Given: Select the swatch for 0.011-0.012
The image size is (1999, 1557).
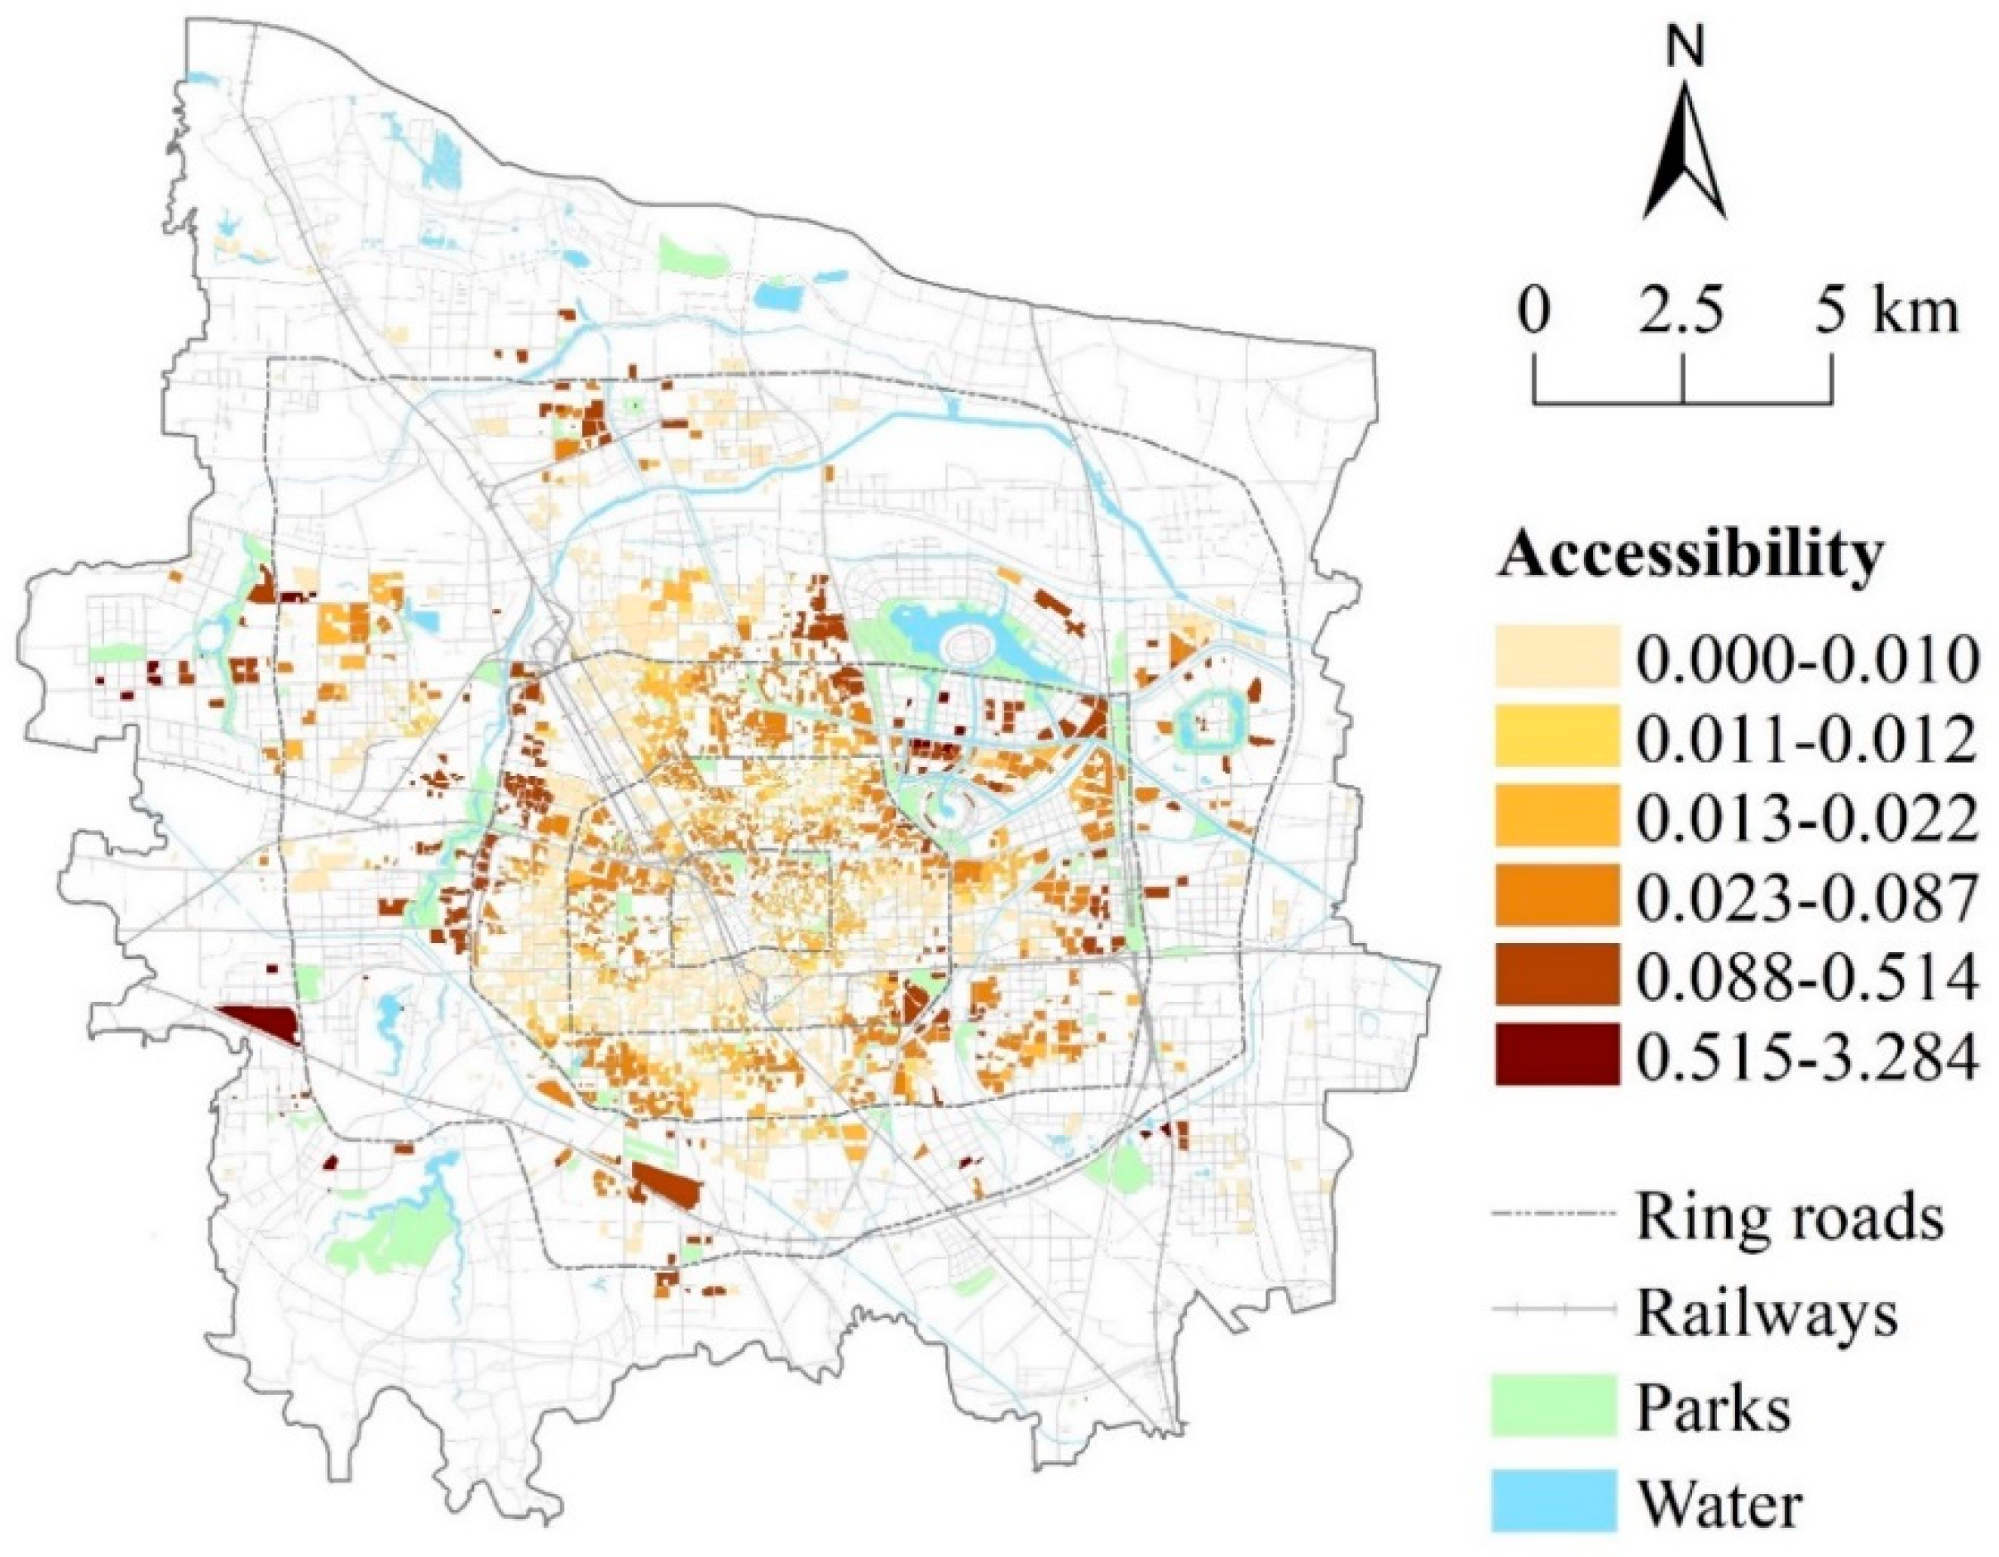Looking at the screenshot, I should click(x=1556, y=737).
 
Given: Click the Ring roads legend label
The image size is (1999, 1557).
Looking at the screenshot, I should click(x=1790, y=1214).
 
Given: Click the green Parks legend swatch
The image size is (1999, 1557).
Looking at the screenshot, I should click(x=1556, y=1409).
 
